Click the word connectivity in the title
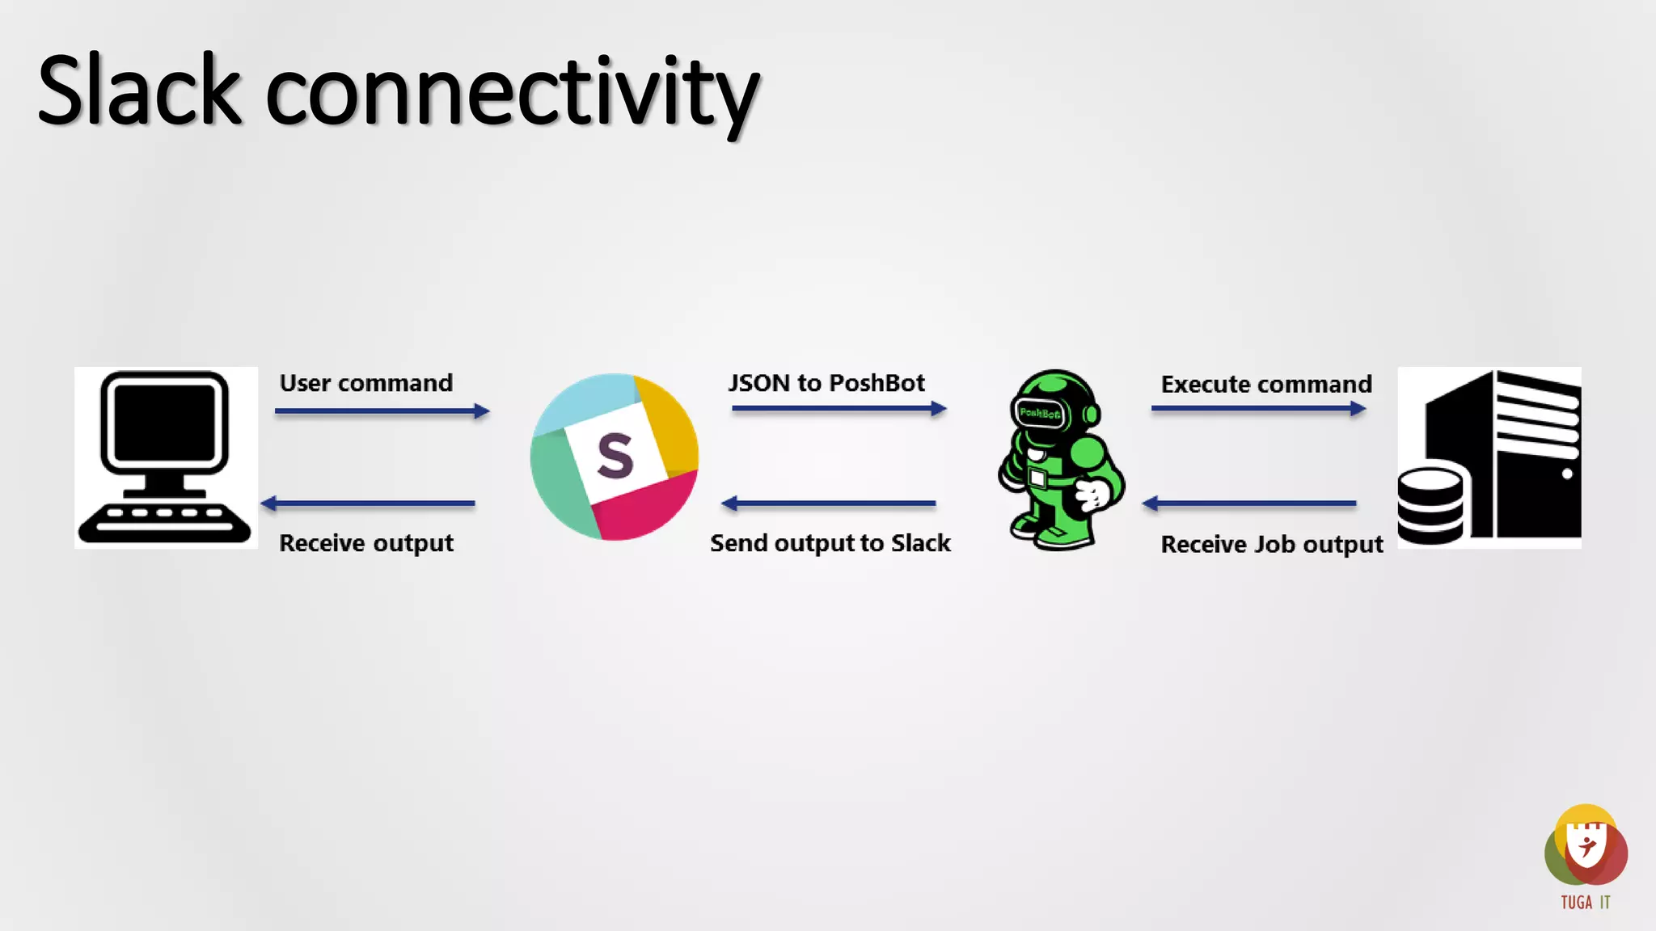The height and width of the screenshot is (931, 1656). click(x=512, y=94)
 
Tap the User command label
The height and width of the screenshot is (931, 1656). click(x=366, y=383)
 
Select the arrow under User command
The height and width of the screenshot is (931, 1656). click(x=382, y=411)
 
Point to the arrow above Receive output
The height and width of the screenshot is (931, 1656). click(x=368, y=503)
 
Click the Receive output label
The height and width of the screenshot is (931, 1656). click(x=366, y=543)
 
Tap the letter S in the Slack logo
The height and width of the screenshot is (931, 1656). click(x=615, y=457)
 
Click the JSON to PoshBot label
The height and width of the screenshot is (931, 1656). click(x=826, y=383)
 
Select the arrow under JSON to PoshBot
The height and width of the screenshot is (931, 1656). click(x=839, y=409)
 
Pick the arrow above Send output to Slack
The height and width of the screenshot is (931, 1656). click(x=829, y=503)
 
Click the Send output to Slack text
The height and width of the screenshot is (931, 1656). click(x=830, y=543)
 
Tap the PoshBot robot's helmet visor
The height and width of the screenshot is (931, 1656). click(x=1040, y=414)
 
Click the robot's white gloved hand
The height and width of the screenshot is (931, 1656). click(x=1093, y=494)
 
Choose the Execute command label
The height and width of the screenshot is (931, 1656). click(x=1266, y=385)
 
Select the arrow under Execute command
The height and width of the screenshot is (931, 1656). click(x=1258, y=409)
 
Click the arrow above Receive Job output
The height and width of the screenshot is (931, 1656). click(x=1249, y=503)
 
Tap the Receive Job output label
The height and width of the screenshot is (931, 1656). click(x=1272, y=545)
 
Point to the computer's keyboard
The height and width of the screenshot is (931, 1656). click(x=164, y=522)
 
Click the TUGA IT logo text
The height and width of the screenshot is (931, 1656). click(x=1585, y=903)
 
